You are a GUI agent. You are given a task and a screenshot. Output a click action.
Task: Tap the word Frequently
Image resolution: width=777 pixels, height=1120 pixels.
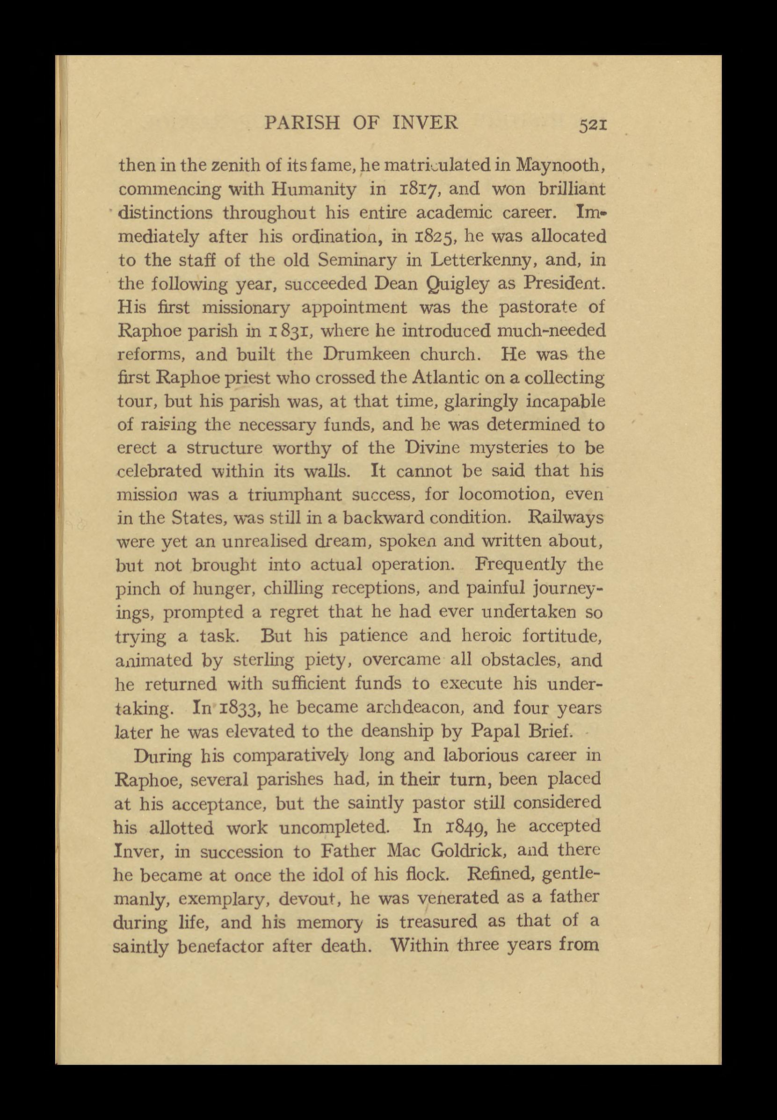pos(520,564)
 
